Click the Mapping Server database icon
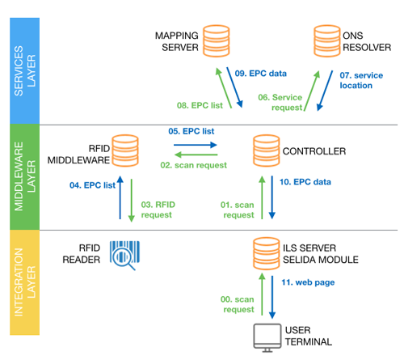[216, 41]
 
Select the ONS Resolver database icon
[327, 41]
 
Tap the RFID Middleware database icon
[125, 150]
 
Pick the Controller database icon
[267, 150]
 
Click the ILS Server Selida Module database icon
[267, 253]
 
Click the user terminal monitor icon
[267, 338]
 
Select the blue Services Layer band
[24, 71]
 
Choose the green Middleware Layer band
[24, 177]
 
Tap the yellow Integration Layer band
[24, 282]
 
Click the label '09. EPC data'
[261, 74]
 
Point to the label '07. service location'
[361, 80]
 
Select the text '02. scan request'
[193, 165]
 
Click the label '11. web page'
[308, 282]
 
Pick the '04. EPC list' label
[92, 185]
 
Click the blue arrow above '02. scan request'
[196, 145]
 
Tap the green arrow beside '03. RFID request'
[132, 201]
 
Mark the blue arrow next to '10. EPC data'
[272, 197]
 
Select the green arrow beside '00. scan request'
[262, 294]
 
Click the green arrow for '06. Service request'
[312, 91]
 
